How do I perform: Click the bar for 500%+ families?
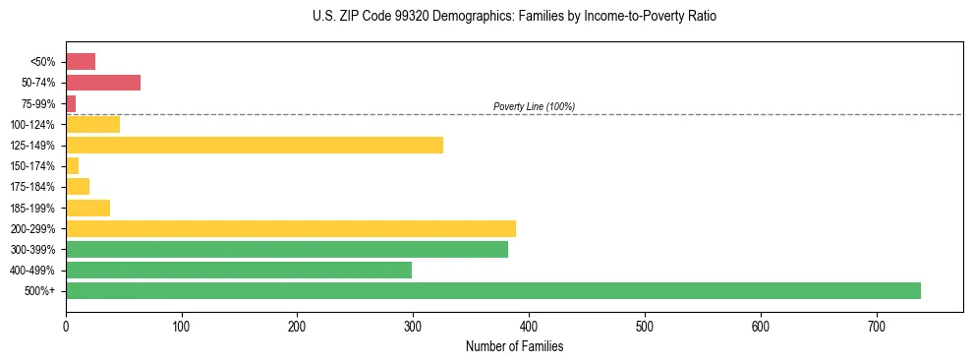(492, 290)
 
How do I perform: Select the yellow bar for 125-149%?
(254, 146)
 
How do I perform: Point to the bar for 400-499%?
(238, 271)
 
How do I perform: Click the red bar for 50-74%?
(102, 83)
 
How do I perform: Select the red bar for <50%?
(80, 62)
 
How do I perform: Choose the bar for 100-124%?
(92, 124)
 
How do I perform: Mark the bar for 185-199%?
(87, 208)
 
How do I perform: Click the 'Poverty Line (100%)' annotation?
(534, 106)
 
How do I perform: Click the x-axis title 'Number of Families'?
(514, 346)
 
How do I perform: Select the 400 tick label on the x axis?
(529, 326)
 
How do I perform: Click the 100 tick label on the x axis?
(181, 326)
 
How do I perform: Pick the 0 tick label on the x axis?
(66, 326)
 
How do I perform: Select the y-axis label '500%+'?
(41, 291)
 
